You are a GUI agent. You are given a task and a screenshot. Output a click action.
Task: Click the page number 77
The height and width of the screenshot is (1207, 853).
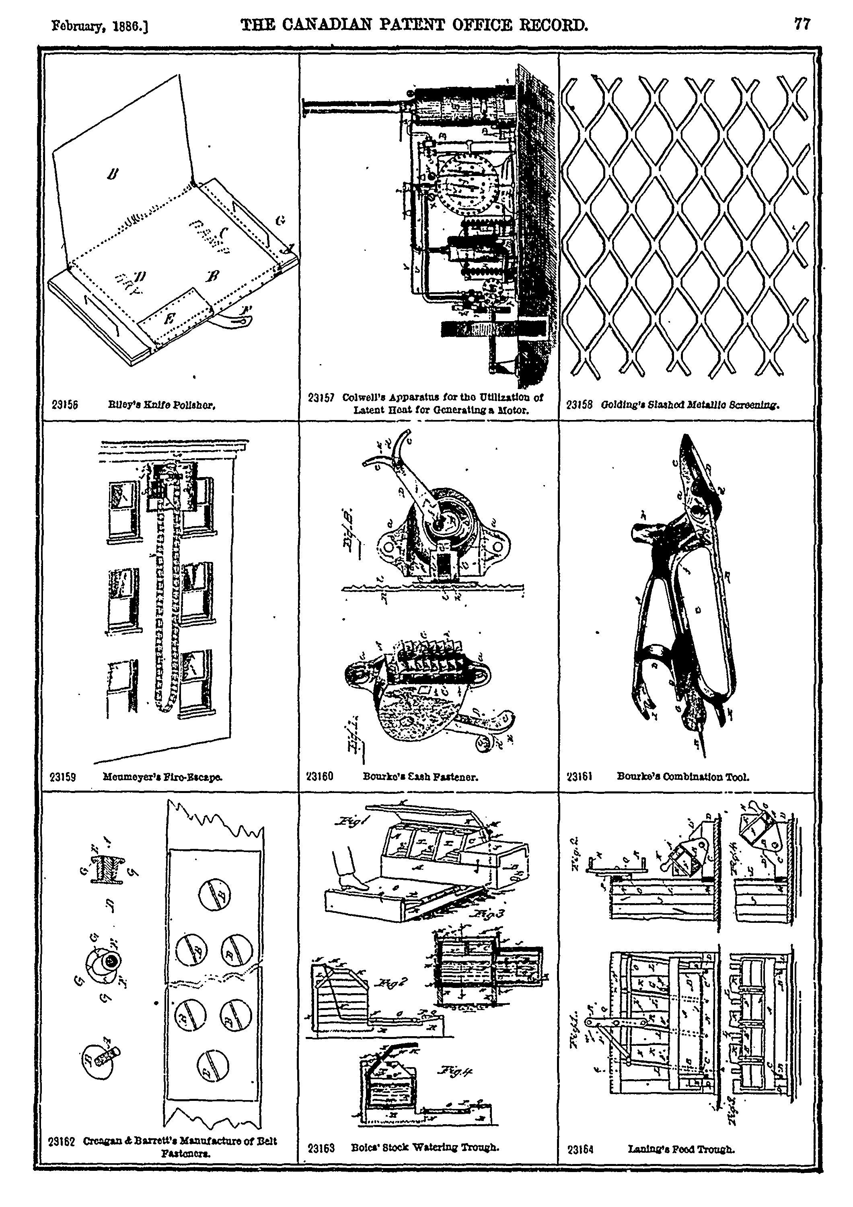tap(802, 24)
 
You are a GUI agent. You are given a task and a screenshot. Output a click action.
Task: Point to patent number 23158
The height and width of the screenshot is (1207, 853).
tap(580, 405)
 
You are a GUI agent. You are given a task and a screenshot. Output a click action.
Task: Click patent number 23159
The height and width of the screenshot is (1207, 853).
tap(63, 777)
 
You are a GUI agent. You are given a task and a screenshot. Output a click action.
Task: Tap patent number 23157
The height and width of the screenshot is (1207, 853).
tap(321, 398)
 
